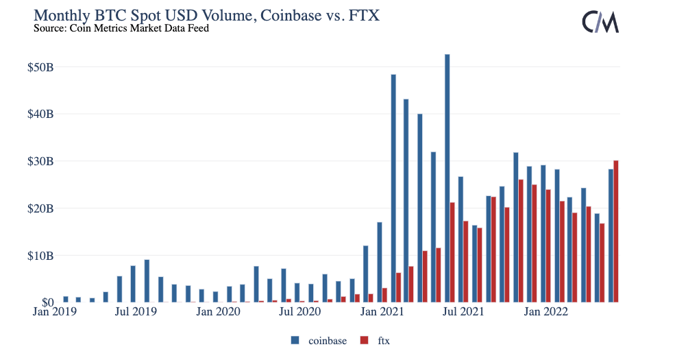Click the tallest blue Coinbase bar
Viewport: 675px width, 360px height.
pyautogui.click(x=447, y=178)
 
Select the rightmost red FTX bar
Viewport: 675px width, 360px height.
pyautogui.click(x=616, y=231)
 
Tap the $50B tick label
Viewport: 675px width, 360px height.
pyautogui.click(x=40, y=67)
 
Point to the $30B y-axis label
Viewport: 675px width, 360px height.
pyautogui.click(x=40, y=161)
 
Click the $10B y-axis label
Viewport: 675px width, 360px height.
pyautogui.click(x=40, y=256)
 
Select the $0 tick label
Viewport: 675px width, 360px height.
pyautogui.click(x=47, y=302)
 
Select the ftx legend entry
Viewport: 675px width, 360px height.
pyautogui.click(x=378, y=340)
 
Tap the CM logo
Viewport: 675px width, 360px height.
pyautogui.click(x=600, y=22)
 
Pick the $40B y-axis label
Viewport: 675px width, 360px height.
pyautogui.click(x=40, y=114)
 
